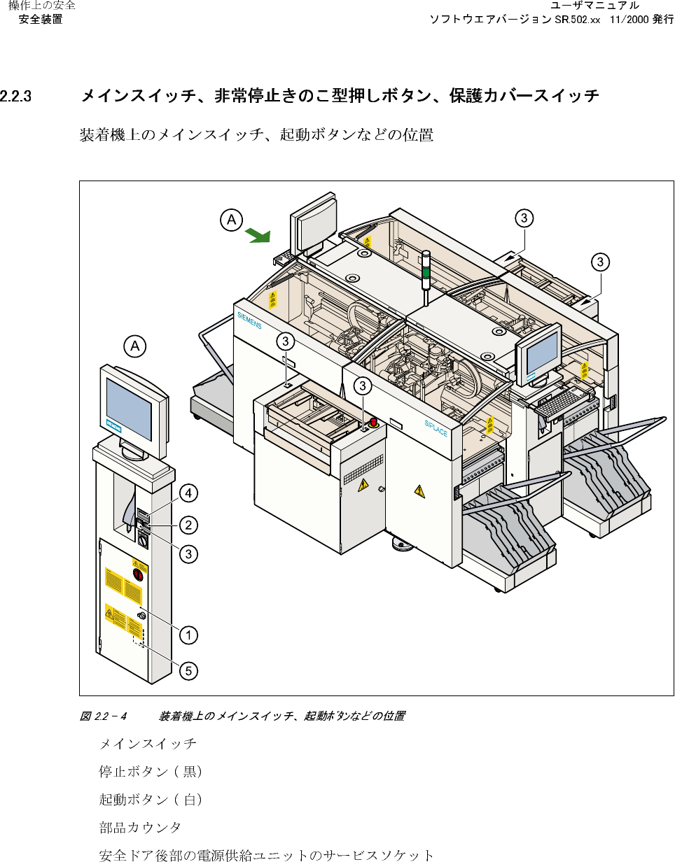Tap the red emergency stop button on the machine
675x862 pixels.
(x=373, y=422)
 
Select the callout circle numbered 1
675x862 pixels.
(x=187, y=635)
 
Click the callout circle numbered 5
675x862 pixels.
(x=187, y=671)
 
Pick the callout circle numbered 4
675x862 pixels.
(x=187, y=493)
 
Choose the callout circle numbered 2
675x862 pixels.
(x=187, y=523)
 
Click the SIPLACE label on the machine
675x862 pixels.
(x=436, y=428)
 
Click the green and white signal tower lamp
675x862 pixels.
(x=425, y=273)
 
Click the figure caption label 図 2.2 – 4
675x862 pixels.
(x=103, y=716)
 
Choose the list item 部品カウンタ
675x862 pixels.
(x=140, y=827)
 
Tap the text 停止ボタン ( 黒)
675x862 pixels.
(x=151, y=771)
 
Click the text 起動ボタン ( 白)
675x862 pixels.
(x=151, y=799)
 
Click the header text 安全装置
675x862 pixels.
(x=41, y=20)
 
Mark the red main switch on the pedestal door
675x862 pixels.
(x=138, y=575)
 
